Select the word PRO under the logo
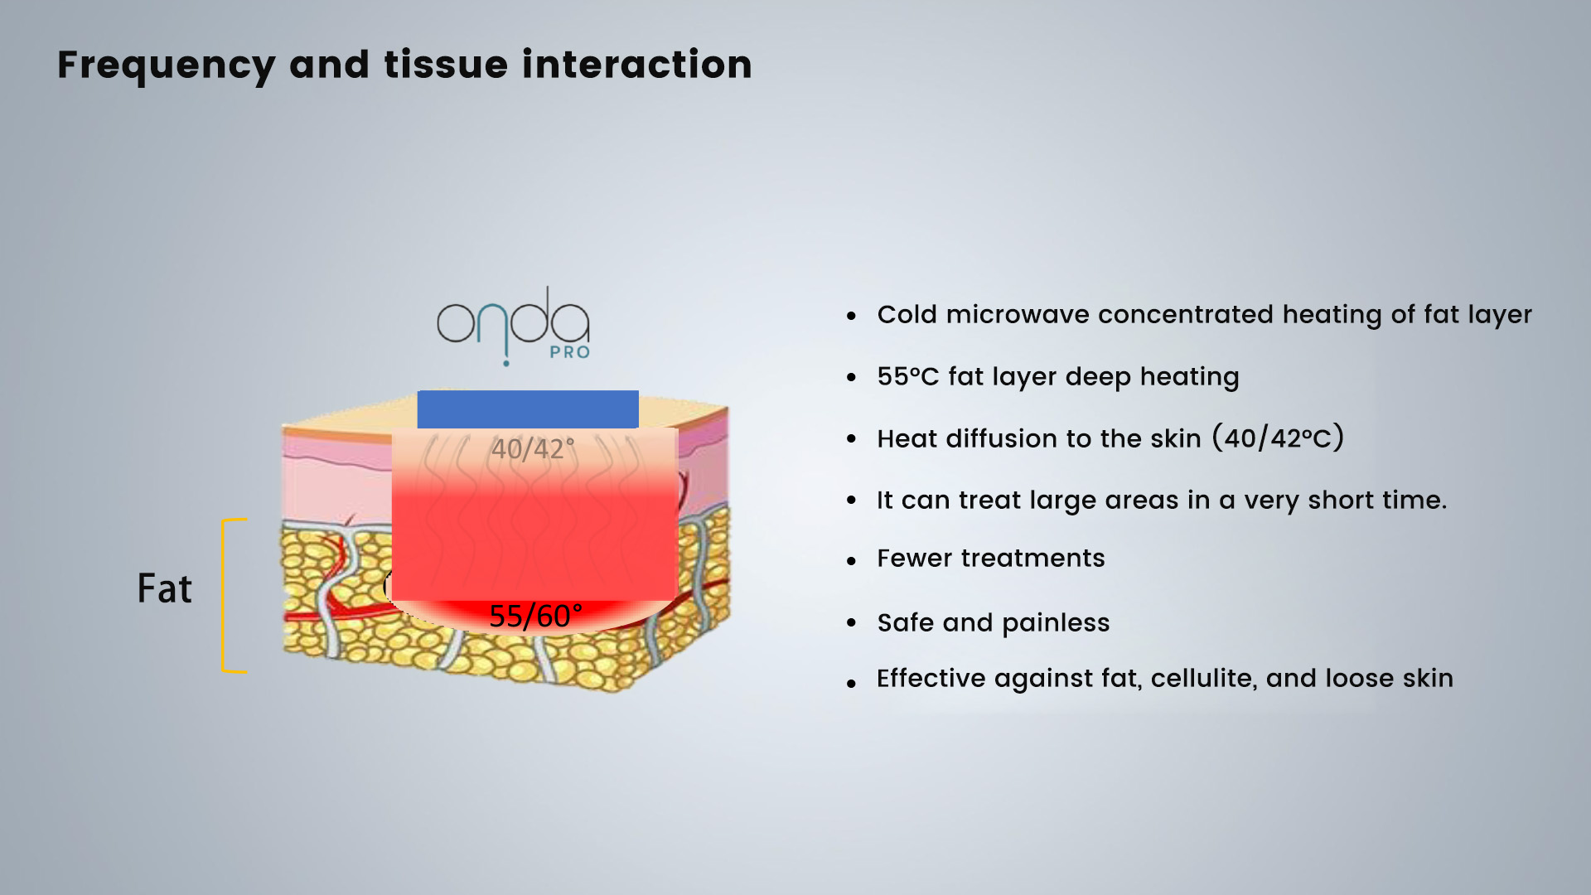570,352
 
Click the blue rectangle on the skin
528,409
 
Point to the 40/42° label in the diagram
533,448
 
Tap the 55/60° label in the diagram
535,616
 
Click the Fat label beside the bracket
165,588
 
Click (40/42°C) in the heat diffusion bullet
1278,437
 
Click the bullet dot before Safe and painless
851,623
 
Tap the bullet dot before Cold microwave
851,316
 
